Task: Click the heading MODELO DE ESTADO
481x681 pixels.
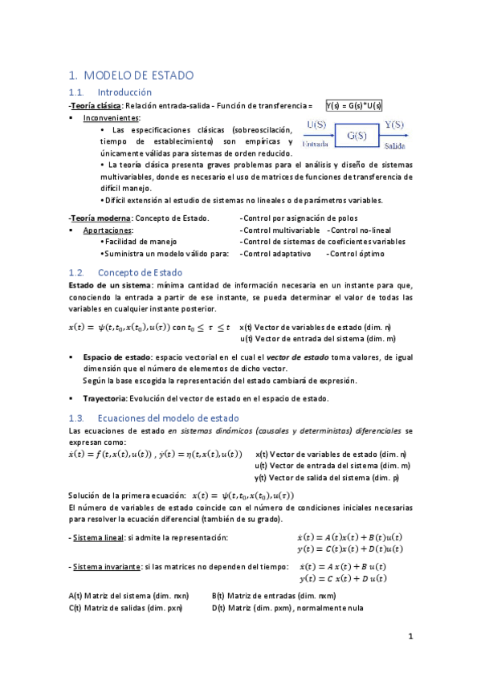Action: tap(138, 75)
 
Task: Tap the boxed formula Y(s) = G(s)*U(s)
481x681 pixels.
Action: tap(353, 105)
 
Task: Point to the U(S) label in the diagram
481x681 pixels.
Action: tap(318, 124)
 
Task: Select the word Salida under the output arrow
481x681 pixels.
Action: tap(394, 146)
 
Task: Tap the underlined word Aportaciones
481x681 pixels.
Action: tap(108, 230)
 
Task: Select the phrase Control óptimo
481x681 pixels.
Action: tap(356, 254)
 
